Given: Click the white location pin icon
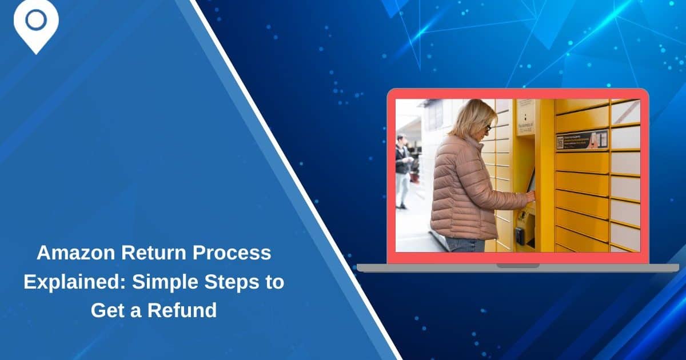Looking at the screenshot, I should [36, 23].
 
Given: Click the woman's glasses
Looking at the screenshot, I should [488, 127].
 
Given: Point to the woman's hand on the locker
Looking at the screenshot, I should [531, 196].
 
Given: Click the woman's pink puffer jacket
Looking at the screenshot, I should [463, 189].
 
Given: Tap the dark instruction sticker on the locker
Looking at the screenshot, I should [582, 140].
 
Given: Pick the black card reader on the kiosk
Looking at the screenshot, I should [519, 235].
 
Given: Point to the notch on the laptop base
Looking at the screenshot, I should [517, 266].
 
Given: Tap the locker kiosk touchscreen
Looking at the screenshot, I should [531, 180].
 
